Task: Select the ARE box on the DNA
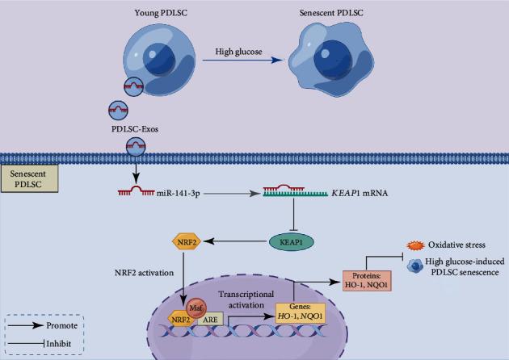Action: click(x=213, y=320)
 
